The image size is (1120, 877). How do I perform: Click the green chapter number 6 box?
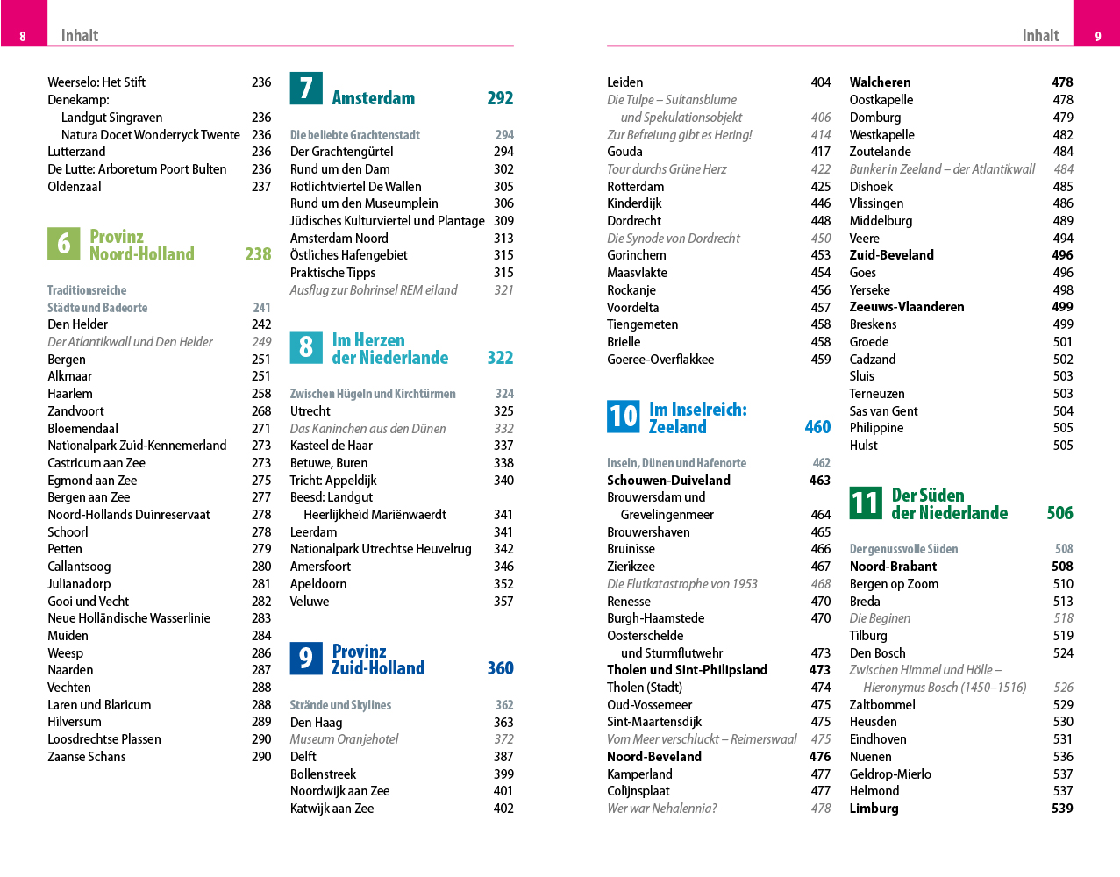point(63,244)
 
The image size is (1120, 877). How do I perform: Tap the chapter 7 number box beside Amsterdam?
point(306,88)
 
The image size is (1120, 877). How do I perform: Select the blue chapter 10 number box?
point(624,417)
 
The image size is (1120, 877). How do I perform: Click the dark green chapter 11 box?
point(866,503)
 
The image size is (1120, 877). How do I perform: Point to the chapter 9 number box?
point(306,659)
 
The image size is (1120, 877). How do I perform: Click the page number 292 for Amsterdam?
point(500,98)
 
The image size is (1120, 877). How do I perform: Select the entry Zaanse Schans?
point(87,757)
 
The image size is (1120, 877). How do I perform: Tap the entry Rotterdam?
point(635,187)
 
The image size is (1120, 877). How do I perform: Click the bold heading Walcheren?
point(880,82)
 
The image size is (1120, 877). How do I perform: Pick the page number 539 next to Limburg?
point(1062,809)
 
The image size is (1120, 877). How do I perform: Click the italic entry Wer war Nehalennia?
point(661,809)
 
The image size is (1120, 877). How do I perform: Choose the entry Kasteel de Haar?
point(332,446)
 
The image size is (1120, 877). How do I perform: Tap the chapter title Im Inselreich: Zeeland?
point(697,418)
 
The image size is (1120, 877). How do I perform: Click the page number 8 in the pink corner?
point(23,36)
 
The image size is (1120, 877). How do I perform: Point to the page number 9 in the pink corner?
point(1098,36)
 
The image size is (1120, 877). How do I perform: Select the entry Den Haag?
point(316,723)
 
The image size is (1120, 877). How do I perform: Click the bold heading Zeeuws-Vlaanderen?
point(907,307)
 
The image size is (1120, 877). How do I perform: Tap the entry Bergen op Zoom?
point(894,584)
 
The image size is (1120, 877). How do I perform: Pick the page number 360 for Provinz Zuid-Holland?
point(500,668)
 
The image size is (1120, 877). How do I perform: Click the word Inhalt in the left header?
point(80,36)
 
